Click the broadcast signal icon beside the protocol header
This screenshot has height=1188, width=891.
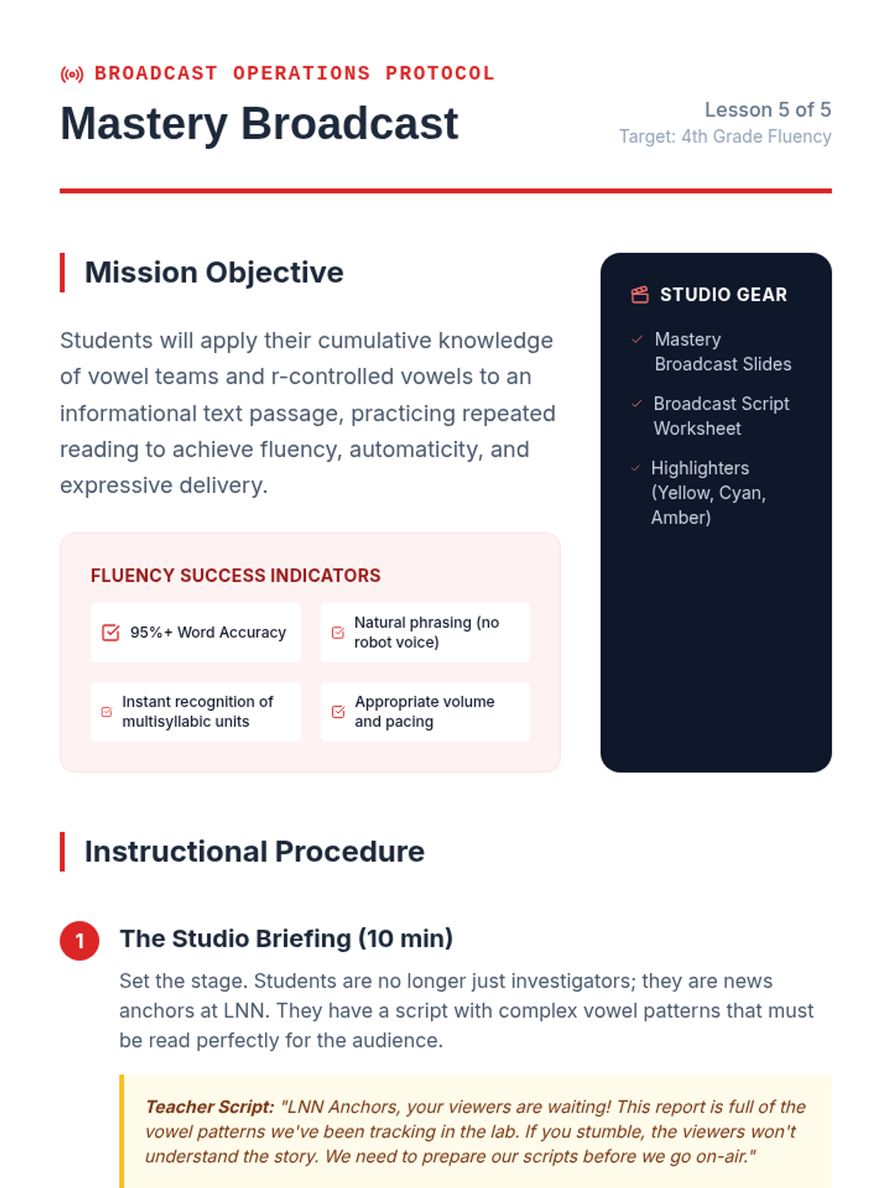click(72, 74)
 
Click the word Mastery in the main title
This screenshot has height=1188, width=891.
click(144, 125)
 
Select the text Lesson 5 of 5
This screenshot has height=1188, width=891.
click(767, 110)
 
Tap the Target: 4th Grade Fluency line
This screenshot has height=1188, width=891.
click(725, 137)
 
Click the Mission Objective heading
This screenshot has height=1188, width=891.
click(214, 272)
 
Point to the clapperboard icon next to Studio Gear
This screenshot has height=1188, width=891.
click(639, 295)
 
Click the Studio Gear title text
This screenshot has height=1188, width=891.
click(723, 295)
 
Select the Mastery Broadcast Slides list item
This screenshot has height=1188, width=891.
click(722, 352)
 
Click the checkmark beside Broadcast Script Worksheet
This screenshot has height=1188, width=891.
click(637, 404)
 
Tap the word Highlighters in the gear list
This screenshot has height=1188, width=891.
click(700, 469)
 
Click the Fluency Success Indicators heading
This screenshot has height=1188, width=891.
click(235, 575)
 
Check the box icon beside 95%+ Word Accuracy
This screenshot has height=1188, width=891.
click(111, 632)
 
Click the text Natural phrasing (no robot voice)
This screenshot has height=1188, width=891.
click(426, 632)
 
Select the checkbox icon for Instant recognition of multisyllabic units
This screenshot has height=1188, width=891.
click(107, 712)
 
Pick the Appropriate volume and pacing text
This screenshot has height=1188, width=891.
click(425, 712)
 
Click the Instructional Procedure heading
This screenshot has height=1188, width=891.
click(254, 852)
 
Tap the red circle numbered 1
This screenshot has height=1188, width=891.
click(79, 941)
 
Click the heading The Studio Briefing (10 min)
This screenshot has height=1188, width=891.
click(286, 939)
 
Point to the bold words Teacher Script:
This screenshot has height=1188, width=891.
click(210, 1107)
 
